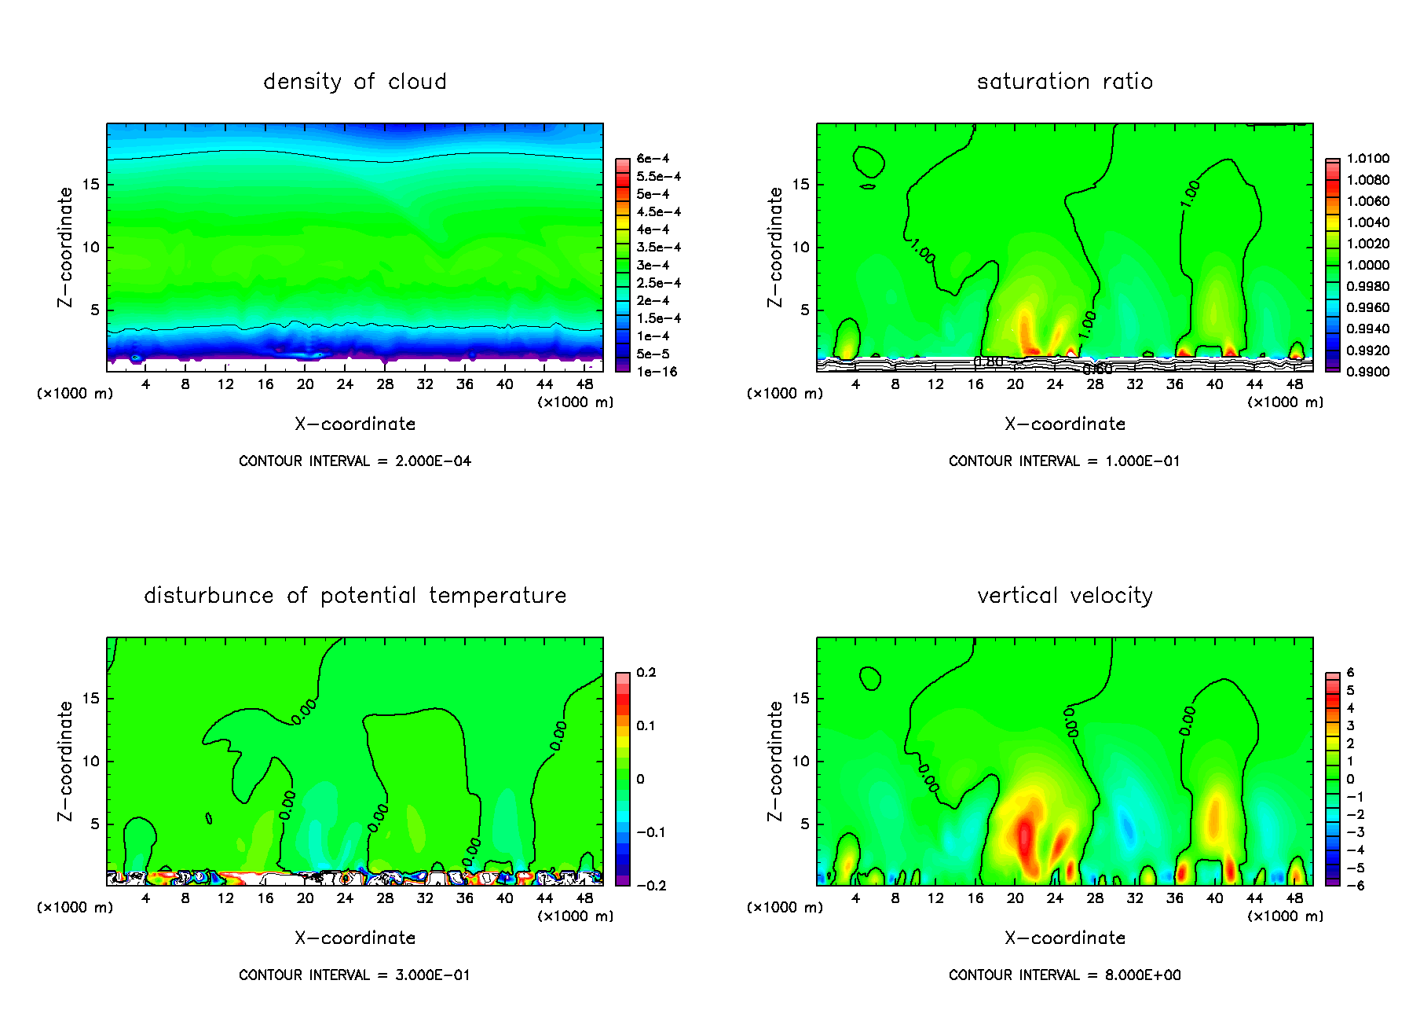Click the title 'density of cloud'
coord(355,82)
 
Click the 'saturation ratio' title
coord(1064,82)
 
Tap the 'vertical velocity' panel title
coord(1064,596)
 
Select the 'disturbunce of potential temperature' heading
coord(355,596)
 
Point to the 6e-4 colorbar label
coord(653,159)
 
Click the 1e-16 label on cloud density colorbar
coord(657,372)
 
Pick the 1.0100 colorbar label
coord(1367,159)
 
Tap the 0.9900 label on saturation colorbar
coord(1367,372)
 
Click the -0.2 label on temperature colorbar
coord(650,886)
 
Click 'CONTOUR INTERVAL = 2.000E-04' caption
coord(355,461)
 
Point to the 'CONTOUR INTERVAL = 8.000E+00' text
coord(1064,975)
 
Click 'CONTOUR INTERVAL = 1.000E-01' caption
coord(1064,461)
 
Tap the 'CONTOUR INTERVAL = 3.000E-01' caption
coord(355,975)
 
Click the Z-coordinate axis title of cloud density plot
coord(65,247)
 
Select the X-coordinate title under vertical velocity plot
coord(1064,938)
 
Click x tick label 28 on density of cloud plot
coord(385,384)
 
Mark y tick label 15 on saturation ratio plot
coord(800,185)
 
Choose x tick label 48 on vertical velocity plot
coord(1294,898)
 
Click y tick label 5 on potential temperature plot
coord(95,824)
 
